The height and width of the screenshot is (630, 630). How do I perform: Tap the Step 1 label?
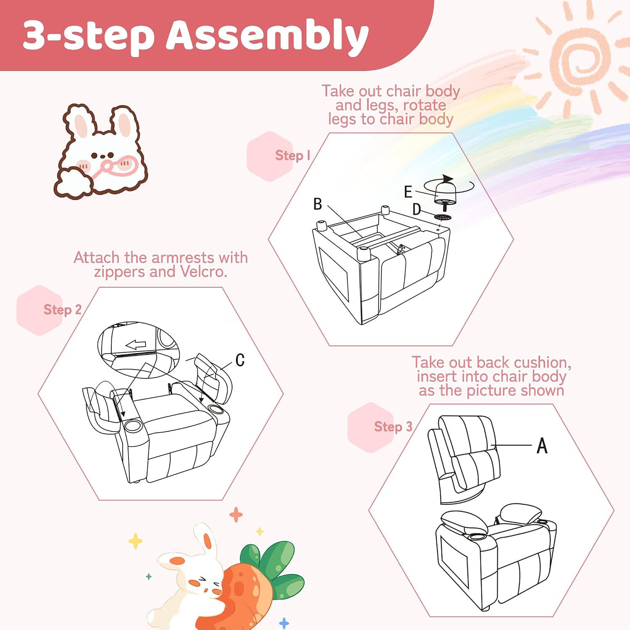click(x=293, y=155)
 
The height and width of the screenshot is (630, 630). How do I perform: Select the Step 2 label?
click(x=63, y=310)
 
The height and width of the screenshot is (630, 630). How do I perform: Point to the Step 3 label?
click(x=393, y=427)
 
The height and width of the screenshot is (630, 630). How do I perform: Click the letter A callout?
click(x=542, y=446)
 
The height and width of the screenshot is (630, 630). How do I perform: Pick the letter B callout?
click(x=318, y=204)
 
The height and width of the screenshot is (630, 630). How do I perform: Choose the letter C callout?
click(x=240, y=360)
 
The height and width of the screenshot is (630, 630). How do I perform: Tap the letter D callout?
click(x=416, y=209)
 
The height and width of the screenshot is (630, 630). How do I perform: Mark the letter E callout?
click(x=408, y=192)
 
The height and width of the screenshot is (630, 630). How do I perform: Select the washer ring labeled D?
click(x=443, y=217)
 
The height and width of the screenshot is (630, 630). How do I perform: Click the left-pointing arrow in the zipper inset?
click(x=136, y=345)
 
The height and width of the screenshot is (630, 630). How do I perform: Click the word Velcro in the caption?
click(x=204, y=272)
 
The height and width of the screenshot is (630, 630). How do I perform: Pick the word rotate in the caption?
click(x=424, y=105)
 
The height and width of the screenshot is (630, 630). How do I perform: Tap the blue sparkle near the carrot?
click(x=284, y=623)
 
